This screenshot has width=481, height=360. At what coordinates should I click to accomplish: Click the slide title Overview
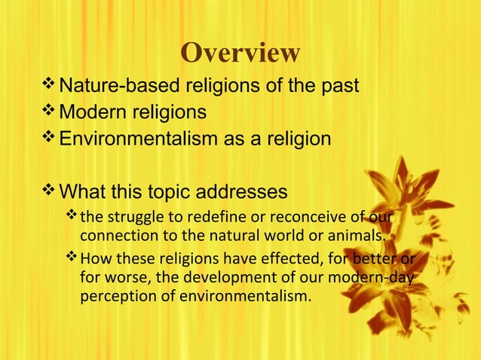pos(240,53)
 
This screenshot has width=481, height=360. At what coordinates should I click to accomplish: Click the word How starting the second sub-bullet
pos(93,260)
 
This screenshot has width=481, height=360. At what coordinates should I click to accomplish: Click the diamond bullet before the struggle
pos(71,218)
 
